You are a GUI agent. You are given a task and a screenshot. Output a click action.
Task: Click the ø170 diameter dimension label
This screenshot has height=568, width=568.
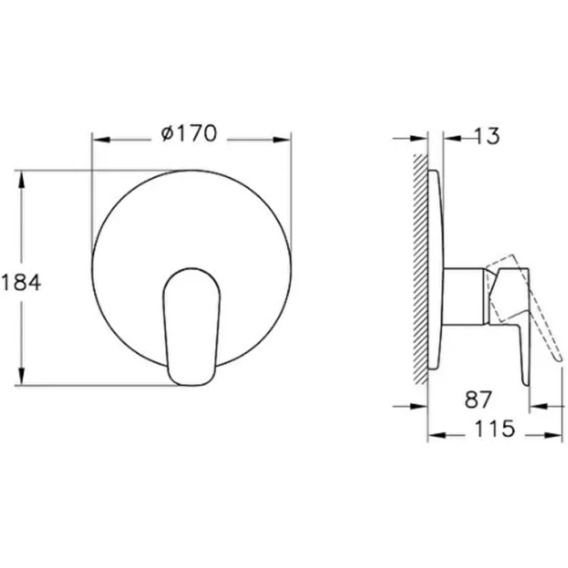189,133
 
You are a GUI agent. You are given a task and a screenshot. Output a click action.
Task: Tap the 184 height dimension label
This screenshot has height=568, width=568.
21,282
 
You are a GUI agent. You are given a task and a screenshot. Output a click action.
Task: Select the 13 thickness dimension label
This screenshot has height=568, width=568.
487,136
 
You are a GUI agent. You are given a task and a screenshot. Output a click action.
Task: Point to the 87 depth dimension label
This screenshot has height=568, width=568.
478,399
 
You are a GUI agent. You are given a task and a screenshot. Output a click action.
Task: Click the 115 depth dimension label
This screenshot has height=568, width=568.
495,428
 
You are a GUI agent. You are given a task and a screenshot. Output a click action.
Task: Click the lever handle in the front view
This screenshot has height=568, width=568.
191,327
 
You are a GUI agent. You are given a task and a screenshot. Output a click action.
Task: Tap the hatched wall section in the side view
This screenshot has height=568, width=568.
420,269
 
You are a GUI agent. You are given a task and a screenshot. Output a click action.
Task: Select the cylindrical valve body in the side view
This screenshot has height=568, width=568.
463,296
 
